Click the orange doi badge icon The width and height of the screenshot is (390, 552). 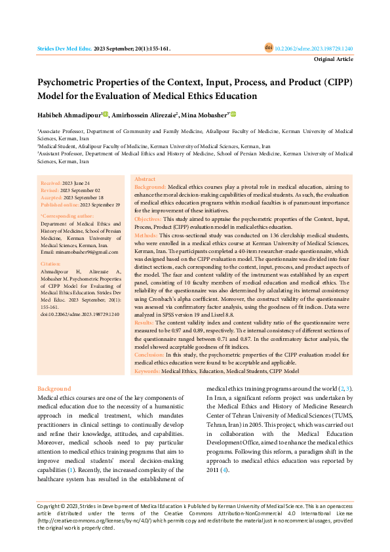[x=269, y=49]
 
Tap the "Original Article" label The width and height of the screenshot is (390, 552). [x=334, y=59]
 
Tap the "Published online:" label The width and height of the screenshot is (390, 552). [x=60, y=205]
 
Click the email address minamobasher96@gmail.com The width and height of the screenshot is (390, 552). [x=79, y=252]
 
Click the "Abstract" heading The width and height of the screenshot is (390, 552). [x=145, y=179]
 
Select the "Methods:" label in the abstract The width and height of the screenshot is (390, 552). [x=146, y=234]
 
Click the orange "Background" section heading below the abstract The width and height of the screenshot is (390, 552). [x=54, y=389]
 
